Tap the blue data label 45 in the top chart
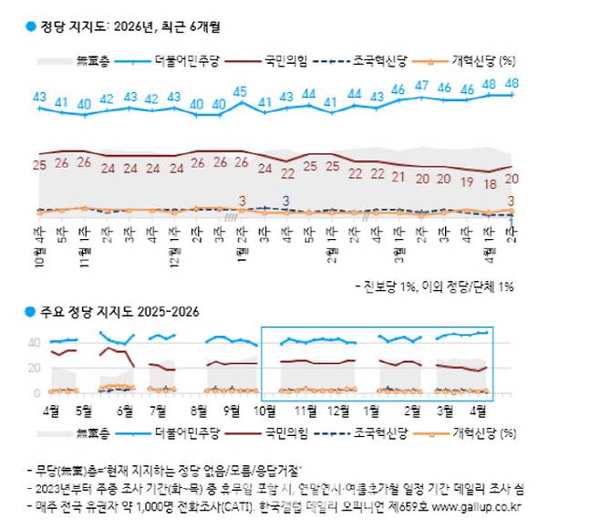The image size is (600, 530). coord(241,91)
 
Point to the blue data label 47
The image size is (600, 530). coord(421,86)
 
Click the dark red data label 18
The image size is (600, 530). coord(489,183)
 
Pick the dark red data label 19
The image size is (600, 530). coord(466,182)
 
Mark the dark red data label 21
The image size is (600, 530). coord(398,177)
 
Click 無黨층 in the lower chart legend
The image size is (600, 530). coord(95,432)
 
